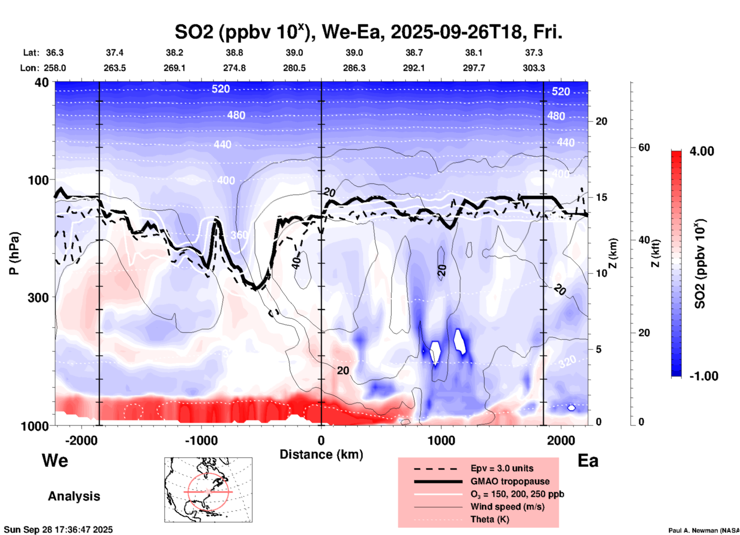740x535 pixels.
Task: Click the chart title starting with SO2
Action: coord(368,32)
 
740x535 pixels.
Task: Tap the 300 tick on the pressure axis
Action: coord(38,297)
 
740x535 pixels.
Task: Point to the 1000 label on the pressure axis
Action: coord(34,426)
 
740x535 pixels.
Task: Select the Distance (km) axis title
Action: coord(321,454)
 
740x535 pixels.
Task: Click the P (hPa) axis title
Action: coord(15,253)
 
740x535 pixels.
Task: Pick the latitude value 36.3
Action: coord(55,53)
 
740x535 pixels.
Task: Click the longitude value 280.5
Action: coord(294,68)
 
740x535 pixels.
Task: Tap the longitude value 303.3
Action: coord(534,68)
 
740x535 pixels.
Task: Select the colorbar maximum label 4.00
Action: coord(702,151)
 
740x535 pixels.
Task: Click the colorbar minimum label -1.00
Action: coord(703,376)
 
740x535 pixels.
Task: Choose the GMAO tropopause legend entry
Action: coord(510,481)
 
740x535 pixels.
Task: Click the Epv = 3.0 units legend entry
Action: coord(502,468)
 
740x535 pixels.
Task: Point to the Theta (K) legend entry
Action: coord(489,519)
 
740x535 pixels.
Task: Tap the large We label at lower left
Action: coord(55,461)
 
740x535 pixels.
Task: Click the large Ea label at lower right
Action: coord(588,461)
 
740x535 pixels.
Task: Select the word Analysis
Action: coord(74,496)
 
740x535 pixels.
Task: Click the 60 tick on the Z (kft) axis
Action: coord(644,147)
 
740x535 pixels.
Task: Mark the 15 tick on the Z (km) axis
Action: coord(601,197)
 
